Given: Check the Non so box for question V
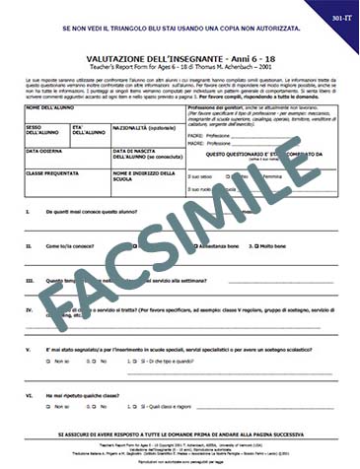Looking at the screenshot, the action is click(59, 362).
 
